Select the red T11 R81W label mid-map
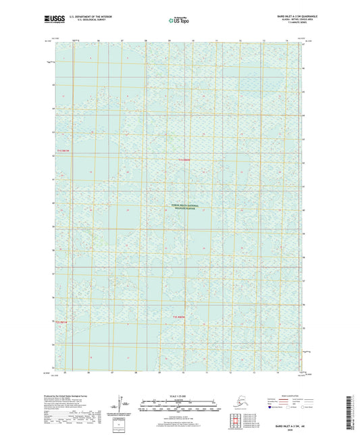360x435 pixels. pos(185,159)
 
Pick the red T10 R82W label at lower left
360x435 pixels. pos(62,322)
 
